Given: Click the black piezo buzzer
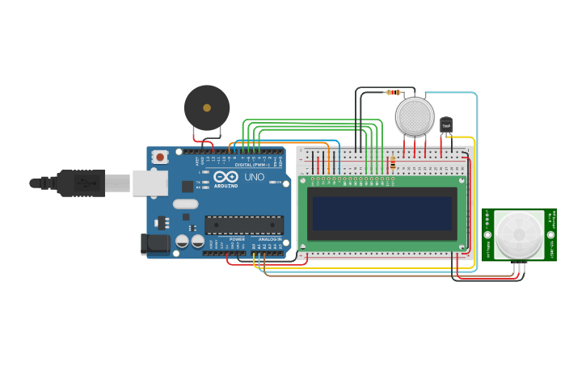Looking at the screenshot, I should coord(207,107).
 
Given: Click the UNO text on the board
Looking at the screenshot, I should coord(254,177).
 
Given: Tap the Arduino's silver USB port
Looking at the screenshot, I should coord(150,183).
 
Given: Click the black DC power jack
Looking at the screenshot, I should coord(154,244).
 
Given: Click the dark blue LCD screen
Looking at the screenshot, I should coord(382,213).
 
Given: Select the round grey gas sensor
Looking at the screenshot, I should coord(415,116).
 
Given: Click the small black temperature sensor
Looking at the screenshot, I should coord(446,125).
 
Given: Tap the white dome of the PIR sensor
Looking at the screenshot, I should coord(519,234).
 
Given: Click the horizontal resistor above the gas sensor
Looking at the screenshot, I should coord(394,92).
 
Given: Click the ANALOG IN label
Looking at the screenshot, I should coord(270,239).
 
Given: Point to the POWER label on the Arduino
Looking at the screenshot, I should coord(237,239).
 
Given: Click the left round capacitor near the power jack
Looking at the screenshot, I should coord(183,241).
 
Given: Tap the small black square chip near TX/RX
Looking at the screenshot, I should coord(188,186).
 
